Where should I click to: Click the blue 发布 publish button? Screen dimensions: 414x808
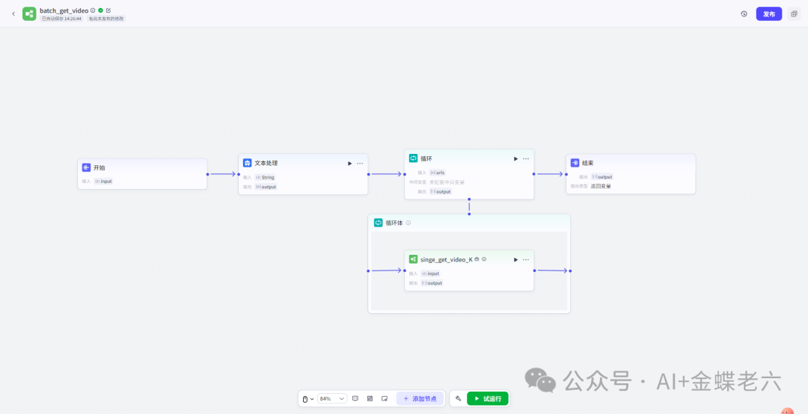(768, 13)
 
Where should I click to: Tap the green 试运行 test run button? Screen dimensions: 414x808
(487, 398)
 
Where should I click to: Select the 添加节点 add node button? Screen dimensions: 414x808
(420, 398)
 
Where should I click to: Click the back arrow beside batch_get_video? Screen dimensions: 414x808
(13, 13)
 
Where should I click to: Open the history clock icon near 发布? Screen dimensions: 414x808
(744, 13)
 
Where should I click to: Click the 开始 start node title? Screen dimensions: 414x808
(99, 167)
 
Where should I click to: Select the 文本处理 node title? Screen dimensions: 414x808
(266, 163)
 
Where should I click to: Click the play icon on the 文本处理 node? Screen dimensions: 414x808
(349, 163)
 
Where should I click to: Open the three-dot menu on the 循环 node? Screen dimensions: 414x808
(526, 158)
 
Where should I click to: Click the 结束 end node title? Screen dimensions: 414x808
(587, 163)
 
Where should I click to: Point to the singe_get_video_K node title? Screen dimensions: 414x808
(446, 259)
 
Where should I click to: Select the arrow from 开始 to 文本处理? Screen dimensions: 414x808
(222, 174)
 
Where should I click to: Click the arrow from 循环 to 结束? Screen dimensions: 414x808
(550, 174)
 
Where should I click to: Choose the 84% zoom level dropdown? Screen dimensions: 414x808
(332, 398)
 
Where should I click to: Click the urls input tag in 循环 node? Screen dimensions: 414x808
(438, 173)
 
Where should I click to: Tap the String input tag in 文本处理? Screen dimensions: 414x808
(265, 177)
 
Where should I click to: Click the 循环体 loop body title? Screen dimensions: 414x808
(394, 223)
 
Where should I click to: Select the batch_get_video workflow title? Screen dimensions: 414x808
(64, 10)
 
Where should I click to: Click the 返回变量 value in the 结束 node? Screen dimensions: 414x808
(601, 186)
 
